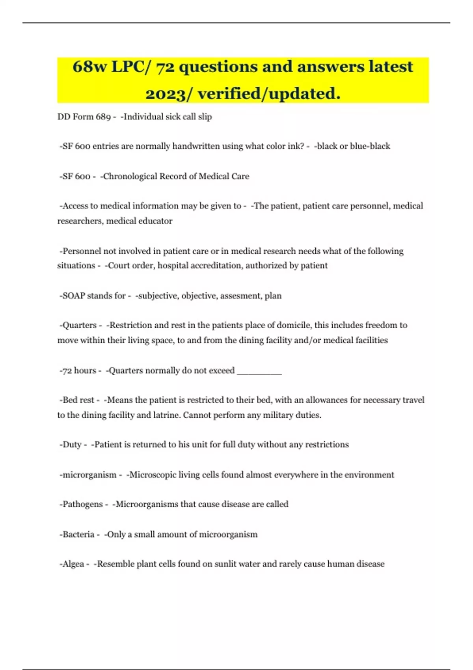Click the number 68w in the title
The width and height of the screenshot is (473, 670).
pyautogui.click(x=89, y=67)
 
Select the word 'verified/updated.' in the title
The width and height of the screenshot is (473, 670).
pyautogui.click(x=269, y=94)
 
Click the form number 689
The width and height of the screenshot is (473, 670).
pyautogui.click(x=103, y=117)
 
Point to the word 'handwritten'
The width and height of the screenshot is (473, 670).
pyautogui.click(x=196, y=146)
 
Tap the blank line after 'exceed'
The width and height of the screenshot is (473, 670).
pyautogui.click(x=259, y=370)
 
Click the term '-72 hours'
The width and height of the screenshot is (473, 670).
pyautogui.click(x=78, y=370)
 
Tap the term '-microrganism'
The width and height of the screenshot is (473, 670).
pyautogui.click(x=88, y=475)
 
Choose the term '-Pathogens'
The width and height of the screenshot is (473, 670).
pyautogui.click(x=81, y=504)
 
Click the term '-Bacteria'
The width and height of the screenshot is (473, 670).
pyautogui.click(x=77, y=534)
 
